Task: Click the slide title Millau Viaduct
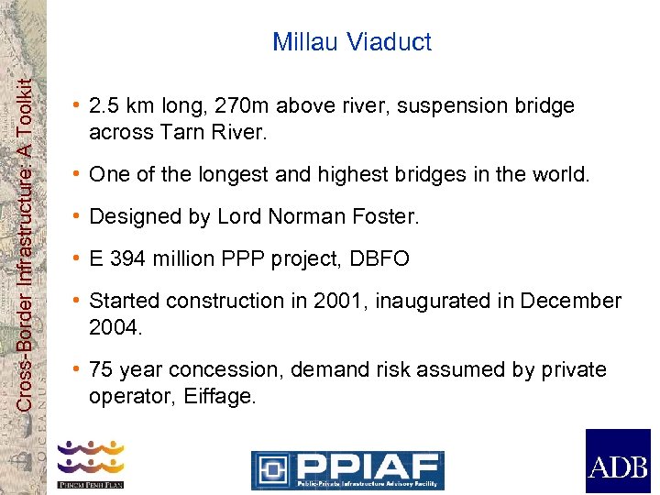point(352,42)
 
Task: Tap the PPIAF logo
point(347,469)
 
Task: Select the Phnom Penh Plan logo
point(91,464)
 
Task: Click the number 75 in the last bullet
point(101,370)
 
